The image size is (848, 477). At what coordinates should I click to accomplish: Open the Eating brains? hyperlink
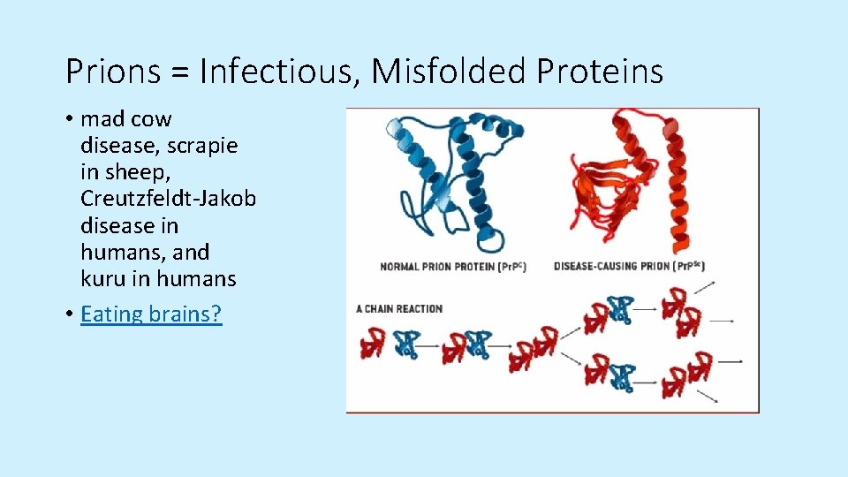tap(151, 314)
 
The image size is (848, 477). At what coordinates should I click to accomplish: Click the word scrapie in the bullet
tap(202, 146)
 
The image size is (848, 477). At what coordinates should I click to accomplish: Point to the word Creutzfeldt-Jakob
tap(168, 199)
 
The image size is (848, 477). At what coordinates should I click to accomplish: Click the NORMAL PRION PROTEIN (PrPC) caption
tap(453, 267)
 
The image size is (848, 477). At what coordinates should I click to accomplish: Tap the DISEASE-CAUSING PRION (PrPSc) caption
tap(629, 266)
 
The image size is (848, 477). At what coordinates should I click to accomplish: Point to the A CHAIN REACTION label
tap(399, 308)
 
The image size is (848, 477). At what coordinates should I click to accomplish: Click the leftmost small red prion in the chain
tap(373, 344)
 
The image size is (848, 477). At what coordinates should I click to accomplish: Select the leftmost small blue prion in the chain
tap(406, 344)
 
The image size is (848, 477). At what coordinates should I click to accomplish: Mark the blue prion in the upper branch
tap(621, 309)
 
